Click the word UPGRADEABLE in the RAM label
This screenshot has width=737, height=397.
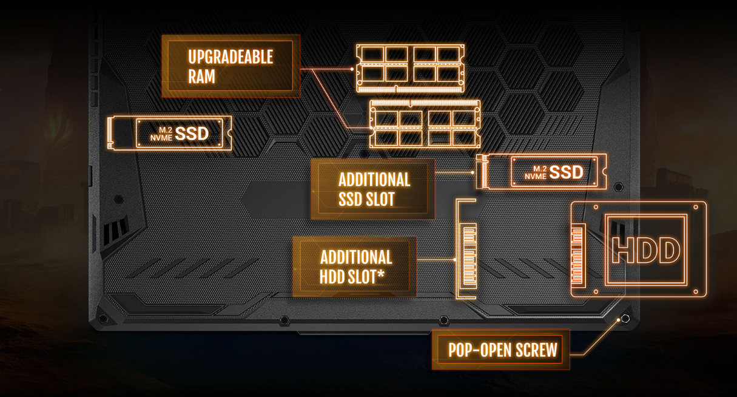[231, 58]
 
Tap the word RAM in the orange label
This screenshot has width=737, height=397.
[201, 77]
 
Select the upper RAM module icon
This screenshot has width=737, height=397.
[411, 65]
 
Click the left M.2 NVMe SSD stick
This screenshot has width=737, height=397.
[170, 133]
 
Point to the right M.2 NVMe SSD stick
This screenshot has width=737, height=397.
[542, 172]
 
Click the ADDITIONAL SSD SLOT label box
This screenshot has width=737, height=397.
[373, 189]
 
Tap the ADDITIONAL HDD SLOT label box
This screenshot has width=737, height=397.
[355, 266]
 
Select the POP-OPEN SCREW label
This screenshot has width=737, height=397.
[502, 350]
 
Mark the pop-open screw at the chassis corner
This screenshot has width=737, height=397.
[625, 319]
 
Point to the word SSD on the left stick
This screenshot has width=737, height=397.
[192, 133]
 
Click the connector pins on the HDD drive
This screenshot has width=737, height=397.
[577, 250]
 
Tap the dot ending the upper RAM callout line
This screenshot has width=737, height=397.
[352, 69]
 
